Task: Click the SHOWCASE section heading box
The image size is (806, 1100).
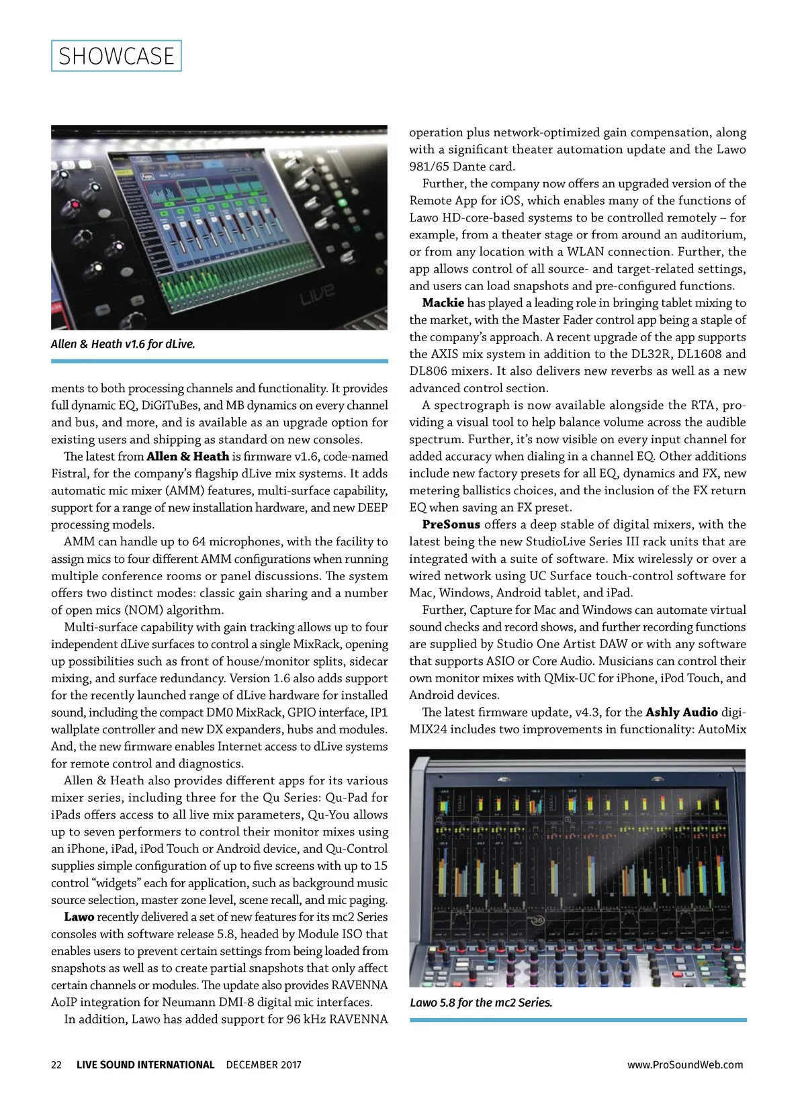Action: pos(116,56)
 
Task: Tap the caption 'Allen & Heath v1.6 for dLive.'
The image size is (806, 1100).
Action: pos(123,344)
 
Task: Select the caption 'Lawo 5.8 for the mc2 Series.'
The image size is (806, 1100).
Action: pos(481,1003)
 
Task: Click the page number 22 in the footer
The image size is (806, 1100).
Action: pos(56,1064)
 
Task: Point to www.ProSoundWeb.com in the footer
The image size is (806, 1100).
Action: pos(685,1064)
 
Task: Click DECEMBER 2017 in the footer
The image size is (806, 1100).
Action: pos(263,1064)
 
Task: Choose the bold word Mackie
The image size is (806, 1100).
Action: pos(443,303)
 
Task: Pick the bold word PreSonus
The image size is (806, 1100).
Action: pos(451,524)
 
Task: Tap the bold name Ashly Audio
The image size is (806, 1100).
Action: pos(682,712)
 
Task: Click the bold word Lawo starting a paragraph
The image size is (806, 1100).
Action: pos(79,917)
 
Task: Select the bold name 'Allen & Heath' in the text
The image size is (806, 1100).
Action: pos(187,457)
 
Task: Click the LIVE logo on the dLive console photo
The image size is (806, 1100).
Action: pos(317,293)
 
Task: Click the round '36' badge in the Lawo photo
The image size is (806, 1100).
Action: pos(537,921)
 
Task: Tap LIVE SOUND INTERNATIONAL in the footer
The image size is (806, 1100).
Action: pos(145,1064)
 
